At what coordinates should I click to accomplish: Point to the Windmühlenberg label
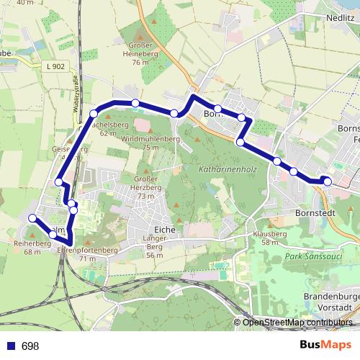[x=150, y=138]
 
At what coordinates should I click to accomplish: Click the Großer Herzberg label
[x=146, y=182]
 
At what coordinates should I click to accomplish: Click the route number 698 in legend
[x=30, y=346]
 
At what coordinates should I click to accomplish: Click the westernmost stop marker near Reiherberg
[x=32, y=218]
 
